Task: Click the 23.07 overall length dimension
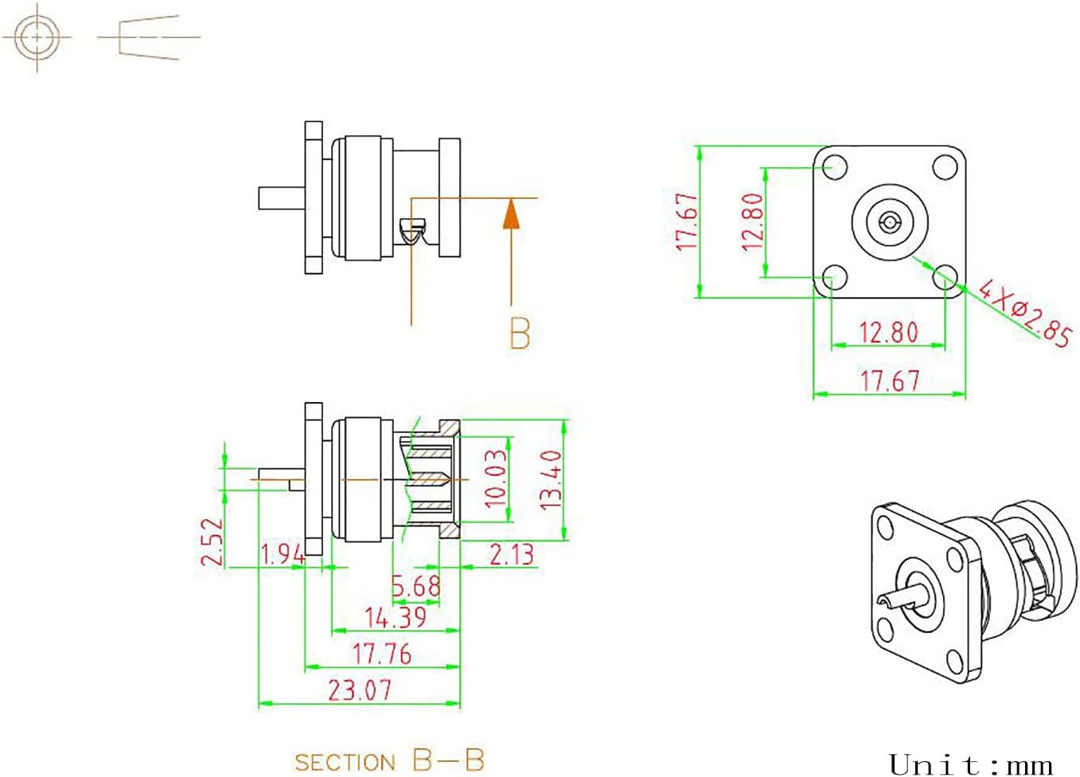pos(360,689)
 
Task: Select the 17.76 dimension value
pos(382,654)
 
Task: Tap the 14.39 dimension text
pos(396,617)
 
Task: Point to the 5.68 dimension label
pos(415,587)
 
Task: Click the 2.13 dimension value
pos(511,554)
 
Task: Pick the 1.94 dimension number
pos(283,554)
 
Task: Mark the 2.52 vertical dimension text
pos(212,541)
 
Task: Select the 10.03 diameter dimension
pos(496,478)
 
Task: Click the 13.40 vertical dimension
pos(551,479)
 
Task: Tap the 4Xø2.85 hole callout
pos(1025,313)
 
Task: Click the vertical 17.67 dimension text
pos(687,222)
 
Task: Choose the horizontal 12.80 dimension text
pos(888,332)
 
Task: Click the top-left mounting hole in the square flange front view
pos(834,167)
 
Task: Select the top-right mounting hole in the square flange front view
pos(945,167)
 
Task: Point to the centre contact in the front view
pos(890,221)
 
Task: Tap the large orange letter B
pos(520,334)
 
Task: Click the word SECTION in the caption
pos(345,762)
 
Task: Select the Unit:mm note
pos(970,765)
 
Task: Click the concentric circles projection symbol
pos(37,37)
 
